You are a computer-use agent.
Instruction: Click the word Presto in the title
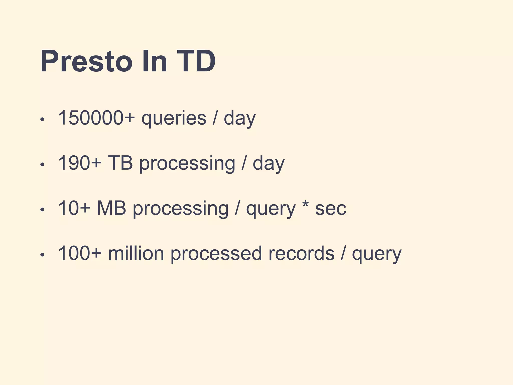click(x=86, y=61)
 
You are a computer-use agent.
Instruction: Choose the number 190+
click(x=80, y=163)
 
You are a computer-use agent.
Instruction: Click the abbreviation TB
click(x=120, y=163)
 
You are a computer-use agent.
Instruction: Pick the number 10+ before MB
click(x=74, y=208)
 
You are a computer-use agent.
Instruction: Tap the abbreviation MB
click(x=111, y=208)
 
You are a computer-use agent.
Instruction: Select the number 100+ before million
click(x=80, y=253)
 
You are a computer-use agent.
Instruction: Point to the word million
click(x=136, y=253)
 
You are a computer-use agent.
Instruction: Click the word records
click(x=301, y=253)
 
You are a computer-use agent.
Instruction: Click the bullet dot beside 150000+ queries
click(x=42, y=120)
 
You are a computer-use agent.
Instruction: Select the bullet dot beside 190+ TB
click(x=42, y=165)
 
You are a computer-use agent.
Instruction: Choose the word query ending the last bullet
click(x=376, y=254)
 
